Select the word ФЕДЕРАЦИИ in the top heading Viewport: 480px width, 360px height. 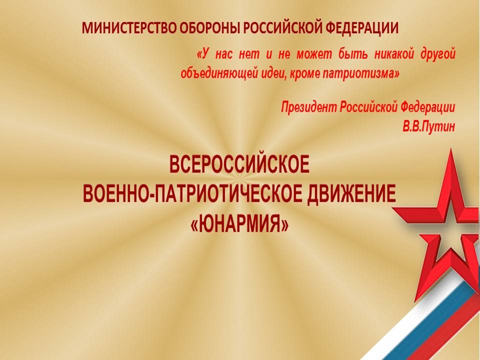click(361, 28)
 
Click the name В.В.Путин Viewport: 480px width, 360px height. click(428, 126)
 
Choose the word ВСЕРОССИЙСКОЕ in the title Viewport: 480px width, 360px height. click(239, 165)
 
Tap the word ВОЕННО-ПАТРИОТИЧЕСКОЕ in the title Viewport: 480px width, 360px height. click(190, 194)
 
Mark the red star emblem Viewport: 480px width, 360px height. click(441, 226)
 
